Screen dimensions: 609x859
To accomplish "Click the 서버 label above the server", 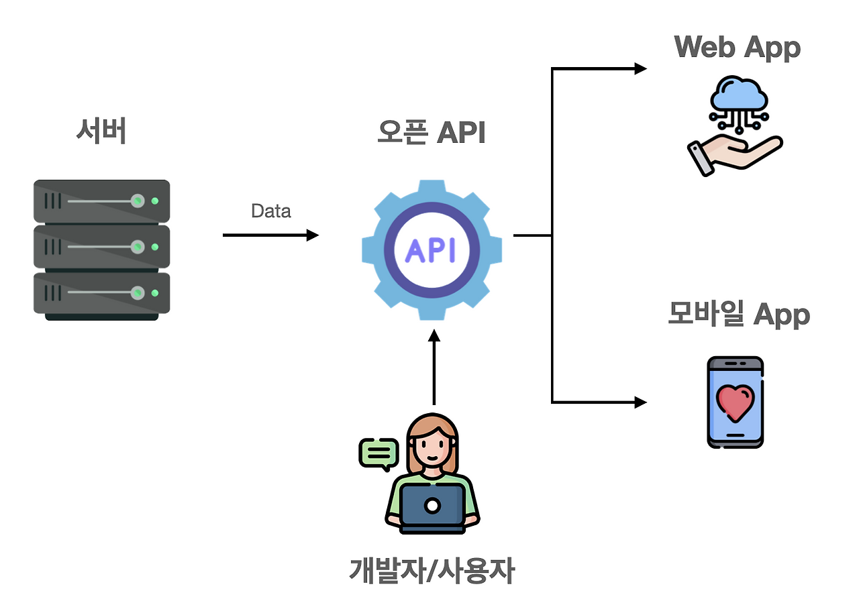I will [101, 132].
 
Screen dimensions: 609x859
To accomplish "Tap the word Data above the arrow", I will [270, 211].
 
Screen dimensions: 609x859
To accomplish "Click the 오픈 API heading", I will [431, 133].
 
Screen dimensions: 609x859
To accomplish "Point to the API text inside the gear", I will [431, 250].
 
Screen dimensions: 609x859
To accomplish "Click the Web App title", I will [737, 48].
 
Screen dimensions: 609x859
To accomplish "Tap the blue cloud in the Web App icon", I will [736, 95].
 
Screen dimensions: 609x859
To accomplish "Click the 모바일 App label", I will [738, 315].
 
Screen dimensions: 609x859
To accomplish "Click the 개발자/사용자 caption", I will [432, 571].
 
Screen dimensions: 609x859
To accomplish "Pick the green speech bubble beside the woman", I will [379, 453].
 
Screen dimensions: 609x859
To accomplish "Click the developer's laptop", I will [433, 506].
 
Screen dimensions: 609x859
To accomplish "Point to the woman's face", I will [432, 446].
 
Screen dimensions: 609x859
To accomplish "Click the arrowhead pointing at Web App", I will [640, 68].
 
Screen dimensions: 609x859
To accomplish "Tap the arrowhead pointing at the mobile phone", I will [640, 402].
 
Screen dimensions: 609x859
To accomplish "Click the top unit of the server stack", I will [101, 201].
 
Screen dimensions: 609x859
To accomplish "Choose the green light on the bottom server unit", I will [155, 292].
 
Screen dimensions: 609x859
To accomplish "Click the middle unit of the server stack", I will [101, 246].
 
